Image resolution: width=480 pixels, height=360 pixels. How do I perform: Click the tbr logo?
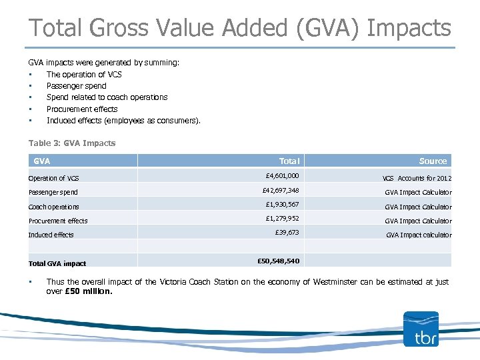pos(421,329)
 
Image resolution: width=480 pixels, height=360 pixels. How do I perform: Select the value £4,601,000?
pos(282,176)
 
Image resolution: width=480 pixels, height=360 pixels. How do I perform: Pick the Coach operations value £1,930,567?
pos(282,205)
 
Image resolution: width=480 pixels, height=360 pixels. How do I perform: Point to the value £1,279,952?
pos(282,219)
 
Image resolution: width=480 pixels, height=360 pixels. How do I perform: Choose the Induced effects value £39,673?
pos(287,233)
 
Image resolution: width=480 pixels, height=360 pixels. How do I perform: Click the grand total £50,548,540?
pos(278,261)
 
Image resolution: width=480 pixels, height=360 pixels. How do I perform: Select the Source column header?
pos(433,161)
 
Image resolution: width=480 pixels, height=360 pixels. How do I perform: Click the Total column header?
pos(289,161)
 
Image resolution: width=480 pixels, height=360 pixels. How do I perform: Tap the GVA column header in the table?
pos(42,161)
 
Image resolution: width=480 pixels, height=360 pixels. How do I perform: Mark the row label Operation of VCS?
pos(53,178)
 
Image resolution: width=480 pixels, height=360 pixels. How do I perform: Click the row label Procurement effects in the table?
pos(58,221)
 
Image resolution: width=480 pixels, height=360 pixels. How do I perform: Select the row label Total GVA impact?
pos(57,263)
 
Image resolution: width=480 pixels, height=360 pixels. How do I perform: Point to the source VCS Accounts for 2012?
pos(417,178)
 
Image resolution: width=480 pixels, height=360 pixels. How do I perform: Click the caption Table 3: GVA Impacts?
pos(72,143)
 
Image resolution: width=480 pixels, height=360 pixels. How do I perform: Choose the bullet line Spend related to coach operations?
pos(107,97)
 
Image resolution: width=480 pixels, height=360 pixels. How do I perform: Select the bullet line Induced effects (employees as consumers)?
pos(123,121)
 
